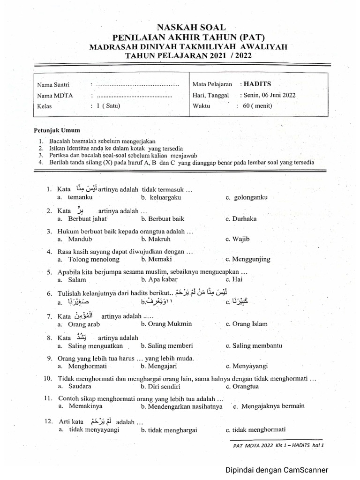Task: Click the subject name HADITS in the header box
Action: (257, 84)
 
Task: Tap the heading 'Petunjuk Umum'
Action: (57, 130)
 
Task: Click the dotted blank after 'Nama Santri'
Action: (137, 85)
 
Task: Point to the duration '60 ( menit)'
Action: (257, 106)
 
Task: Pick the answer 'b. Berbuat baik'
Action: (163, 218)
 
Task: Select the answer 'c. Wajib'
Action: (238, 239)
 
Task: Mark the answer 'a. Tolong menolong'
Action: (89, 259)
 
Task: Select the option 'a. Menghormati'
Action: (83, 366)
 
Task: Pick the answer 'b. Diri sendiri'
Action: (160, 386)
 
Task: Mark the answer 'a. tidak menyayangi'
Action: (89, 430)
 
